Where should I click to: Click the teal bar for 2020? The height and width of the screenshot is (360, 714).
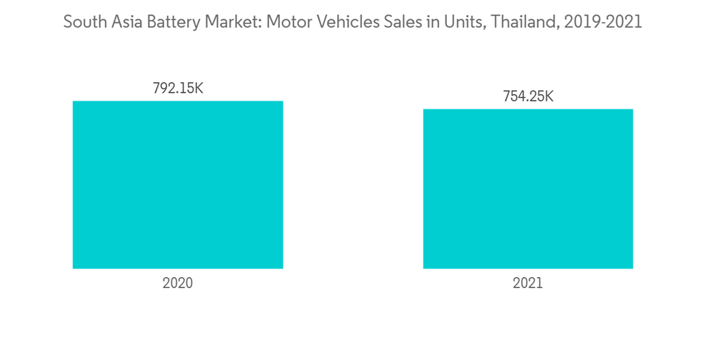178,184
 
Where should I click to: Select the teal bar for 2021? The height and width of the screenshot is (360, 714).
528,189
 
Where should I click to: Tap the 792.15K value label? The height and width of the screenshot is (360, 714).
178,89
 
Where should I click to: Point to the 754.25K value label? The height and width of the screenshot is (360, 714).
528,96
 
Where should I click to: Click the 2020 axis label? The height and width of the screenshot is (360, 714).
178,283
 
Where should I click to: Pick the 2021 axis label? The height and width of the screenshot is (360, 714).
528,283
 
